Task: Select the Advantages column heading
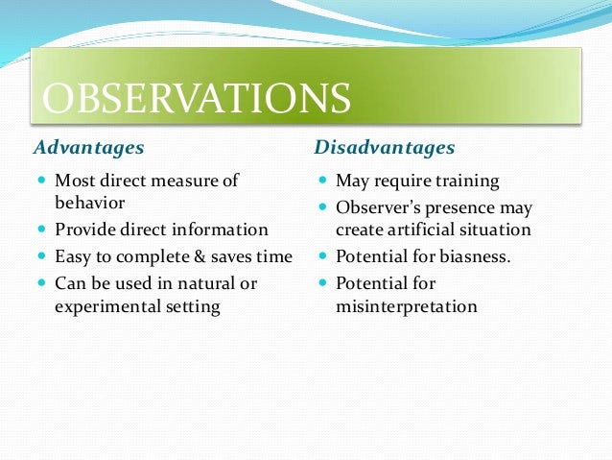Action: click(x=88, y=148)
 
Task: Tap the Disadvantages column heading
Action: click(x=385, y=148)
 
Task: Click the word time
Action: click(x=273, y=256)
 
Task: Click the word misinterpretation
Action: click(x=406, y=307)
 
